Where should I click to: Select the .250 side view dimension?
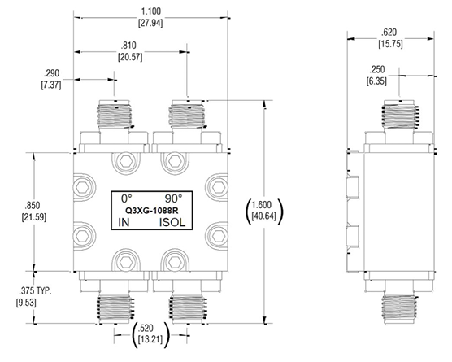coord(378,70)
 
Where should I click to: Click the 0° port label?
coord(126,198)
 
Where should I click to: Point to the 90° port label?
coord(172,198)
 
